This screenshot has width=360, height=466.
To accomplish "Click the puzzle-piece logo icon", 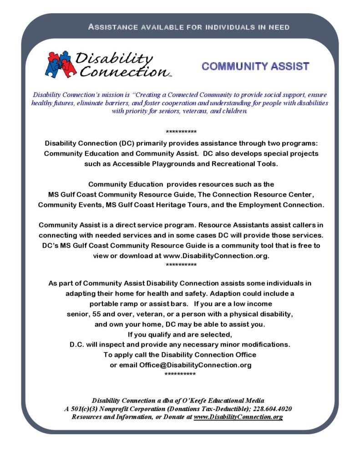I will tap(60, 64).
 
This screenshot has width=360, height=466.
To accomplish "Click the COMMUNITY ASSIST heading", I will tap(255, 66).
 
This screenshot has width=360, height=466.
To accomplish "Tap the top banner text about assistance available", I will tap(189, 27).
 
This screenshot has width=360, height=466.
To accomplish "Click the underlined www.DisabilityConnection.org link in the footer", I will tap(238, 417).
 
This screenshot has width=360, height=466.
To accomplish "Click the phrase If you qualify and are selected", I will tap(180, 334).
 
